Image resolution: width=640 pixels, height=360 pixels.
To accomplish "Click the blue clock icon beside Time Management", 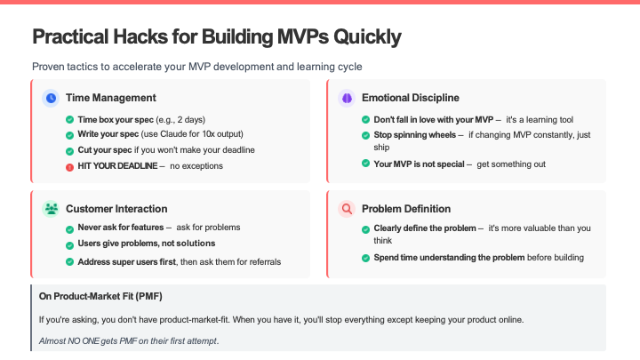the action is pos(51,98).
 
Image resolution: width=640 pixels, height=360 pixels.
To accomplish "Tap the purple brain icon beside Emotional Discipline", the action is pos(347,98).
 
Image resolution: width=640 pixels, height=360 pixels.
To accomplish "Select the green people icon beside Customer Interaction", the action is pos(51,209).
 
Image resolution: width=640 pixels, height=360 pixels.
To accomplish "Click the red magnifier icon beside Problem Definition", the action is pos(347,209).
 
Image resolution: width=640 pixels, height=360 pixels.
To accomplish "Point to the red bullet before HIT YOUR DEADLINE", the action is pos(70,167).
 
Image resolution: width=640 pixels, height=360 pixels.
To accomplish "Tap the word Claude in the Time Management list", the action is pos(172,134).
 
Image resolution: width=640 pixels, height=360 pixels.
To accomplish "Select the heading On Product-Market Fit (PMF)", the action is pos(100,296).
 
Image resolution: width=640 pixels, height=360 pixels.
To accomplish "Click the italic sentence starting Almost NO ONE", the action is pos(129,340).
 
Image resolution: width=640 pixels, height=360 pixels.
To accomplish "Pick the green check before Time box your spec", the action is pos(70,120).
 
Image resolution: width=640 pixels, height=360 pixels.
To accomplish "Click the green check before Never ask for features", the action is pos(70,229).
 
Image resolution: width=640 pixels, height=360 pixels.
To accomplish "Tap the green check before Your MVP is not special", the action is pos(365,164).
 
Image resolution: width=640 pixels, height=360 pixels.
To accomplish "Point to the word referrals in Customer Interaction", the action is pos(265,261).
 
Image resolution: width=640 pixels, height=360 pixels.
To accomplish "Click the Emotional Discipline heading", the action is pos(411,98).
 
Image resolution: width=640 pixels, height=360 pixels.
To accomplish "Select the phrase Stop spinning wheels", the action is pos(415,135).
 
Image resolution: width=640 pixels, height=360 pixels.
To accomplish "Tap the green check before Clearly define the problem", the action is pos(365,229).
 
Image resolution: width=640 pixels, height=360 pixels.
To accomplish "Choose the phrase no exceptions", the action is pos(196,165).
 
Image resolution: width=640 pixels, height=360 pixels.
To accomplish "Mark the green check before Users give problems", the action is pos(70,245).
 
